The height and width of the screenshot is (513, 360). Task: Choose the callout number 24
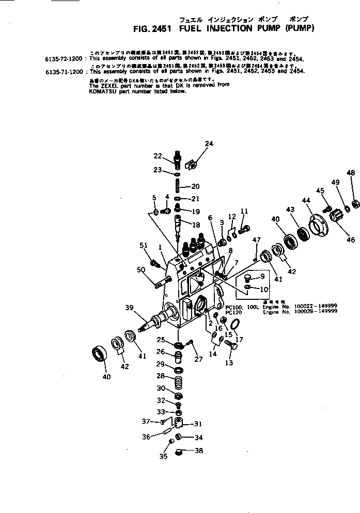pos(209,143)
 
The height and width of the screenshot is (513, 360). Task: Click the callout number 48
pos(351,173)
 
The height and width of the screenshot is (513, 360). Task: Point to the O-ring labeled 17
pos(236,324)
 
